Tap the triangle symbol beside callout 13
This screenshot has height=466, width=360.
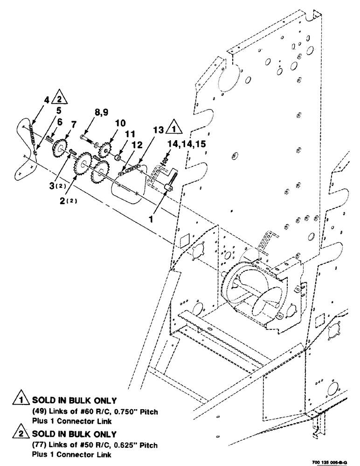[173, 129]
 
